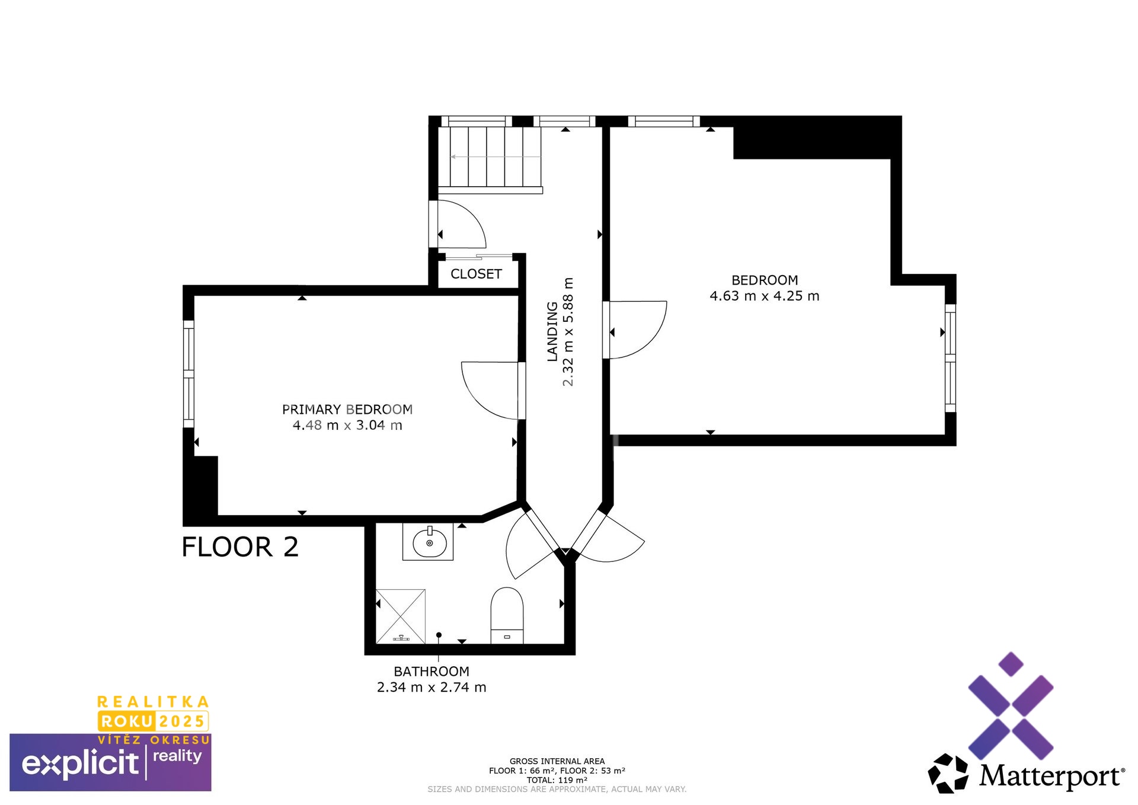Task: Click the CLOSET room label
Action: click(476, 274)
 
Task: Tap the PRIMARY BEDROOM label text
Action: click(347, 410)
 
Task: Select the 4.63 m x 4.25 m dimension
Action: click(765, 296)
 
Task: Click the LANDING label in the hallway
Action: click(552, 331)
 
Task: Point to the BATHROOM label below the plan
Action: click(431, 672)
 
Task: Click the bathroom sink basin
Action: click(428, 542)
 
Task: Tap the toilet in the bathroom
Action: click(507, 615)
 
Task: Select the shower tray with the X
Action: click(401, 616)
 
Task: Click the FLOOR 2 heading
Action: click(240, 547)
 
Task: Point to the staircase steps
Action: click(490, 158)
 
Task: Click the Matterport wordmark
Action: click(1051, 775)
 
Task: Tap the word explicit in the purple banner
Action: click(80, 764)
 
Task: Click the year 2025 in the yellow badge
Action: click(182, 721)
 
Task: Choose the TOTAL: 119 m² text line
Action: click(557, 780)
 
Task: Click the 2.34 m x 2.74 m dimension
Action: click(431, 688)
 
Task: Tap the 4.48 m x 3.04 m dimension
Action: click(347, 426)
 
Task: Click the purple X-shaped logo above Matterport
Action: click(1011, 706)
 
